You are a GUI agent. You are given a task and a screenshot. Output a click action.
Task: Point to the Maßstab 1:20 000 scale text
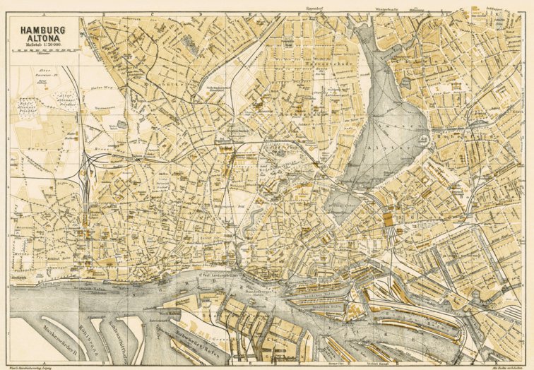tap(44, 47)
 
